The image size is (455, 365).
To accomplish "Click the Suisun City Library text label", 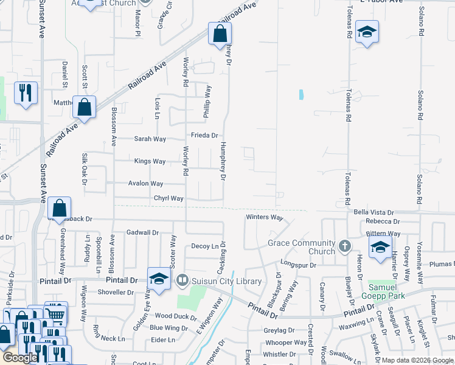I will point(227,281).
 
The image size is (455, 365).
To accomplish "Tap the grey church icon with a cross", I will point(345,246).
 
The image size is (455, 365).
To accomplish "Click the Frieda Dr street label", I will point(204,136).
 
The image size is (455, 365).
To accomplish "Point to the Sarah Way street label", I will point(150,139).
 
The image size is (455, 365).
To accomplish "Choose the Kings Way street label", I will point(150,161).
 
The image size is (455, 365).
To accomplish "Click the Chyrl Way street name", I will point(168,198).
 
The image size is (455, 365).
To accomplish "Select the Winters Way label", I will point(265,217).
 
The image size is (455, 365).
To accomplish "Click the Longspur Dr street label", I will point(298,265).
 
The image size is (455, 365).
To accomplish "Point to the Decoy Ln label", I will point(204,246).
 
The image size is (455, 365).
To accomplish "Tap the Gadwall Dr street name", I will point(142,232).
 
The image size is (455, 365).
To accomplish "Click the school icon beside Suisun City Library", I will point(158,279).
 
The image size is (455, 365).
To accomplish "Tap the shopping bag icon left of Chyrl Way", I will point(59,207).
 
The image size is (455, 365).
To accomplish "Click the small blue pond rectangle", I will point(300,94).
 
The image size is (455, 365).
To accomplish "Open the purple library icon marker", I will point(182,280).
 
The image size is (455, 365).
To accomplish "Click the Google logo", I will point(20,358).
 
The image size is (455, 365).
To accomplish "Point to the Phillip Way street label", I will point(208,101).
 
